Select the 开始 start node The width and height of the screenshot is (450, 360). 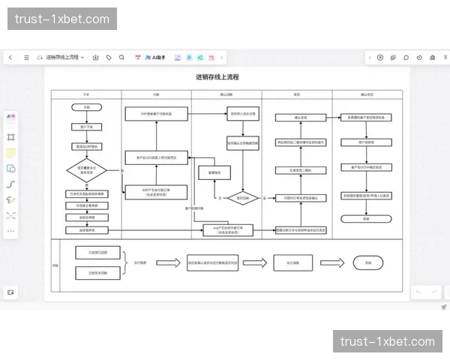(x=86, y=108)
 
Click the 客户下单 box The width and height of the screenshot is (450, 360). (x=86, y=127)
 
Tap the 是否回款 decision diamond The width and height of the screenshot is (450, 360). (x=243, y=198)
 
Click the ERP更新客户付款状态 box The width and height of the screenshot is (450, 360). (x=156, y=113)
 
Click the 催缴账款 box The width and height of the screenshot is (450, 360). (x=208, y=172)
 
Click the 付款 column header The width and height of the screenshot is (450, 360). (x=156, y=94)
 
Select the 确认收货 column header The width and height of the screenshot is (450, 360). (x=226, y=94)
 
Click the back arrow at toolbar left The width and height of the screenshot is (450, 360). (x=10, y=57)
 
